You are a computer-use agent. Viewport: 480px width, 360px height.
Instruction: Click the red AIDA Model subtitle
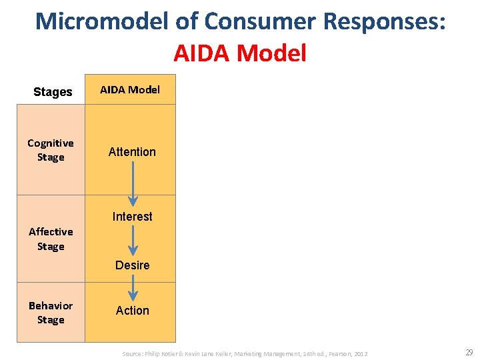[x=240, y=53]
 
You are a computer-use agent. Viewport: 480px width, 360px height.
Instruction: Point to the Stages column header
[x=53, y=92]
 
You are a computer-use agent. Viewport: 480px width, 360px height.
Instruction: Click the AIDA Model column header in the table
[x=130, y=89]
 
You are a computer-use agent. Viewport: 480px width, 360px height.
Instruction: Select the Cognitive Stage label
[x=51, y=150]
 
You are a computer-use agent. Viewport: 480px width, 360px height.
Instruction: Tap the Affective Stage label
[x=51, y=239]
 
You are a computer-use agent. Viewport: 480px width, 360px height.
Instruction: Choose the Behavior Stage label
[x=51, y=313]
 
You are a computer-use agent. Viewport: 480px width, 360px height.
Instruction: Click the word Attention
[x=132, y=152]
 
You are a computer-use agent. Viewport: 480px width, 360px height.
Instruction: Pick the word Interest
[x=132, y=217]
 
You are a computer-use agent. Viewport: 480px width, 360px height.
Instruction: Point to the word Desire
[x=132, y=265]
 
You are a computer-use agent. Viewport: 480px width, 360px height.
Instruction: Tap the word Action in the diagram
[x=132, y=311]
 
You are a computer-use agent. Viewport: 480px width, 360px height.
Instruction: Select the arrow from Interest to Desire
[x=132, y=241]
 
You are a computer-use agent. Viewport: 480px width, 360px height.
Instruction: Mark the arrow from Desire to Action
[x=132, y=288]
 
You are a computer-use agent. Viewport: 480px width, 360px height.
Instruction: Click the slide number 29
[x=469, y=352]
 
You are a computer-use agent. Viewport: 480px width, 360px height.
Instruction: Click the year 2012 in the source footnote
[x=361, y=353]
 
